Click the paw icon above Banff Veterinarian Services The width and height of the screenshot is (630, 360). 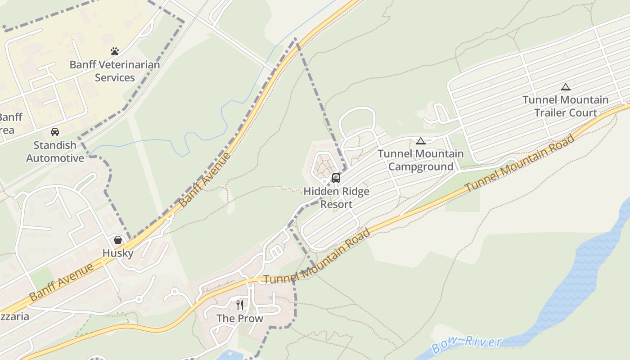pos(115,51)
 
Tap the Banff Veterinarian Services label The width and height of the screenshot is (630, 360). pos(115,71)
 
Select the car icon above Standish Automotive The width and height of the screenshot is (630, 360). pos(55,132)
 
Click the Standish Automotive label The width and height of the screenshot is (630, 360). pos(55,152)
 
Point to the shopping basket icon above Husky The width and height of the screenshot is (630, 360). pos(118,240)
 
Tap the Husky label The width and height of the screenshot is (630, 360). pos(118,253)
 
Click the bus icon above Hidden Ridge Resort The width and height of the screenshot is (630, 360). pos(336,178)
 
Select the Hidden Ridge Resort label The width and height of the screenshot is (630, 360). pos(336,198)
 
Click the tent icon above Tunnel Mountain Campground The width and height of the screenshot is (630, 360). pos(421,141)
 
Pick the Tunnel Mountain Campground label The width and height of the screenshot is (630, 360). pos(421,160)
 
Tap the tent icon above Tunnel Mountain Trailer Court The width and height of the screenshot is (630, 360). pos(566,87)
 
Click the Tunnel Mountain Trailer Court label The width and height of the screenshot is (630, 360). pos(566,106)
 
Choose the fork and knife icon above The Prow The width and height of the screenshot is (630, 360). pos(240,305)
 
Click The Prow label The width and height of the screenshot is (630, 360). pos(240,319)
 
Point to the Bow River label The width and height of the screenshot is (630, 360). pos(466,344)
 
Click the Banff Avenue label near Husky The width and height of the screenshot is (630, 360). pos(62,282)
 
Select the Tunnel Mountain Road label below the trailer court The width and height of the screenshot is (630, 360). pos(520,163)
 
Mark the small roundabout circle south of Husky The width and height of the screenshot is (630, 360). pos(139,299)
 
